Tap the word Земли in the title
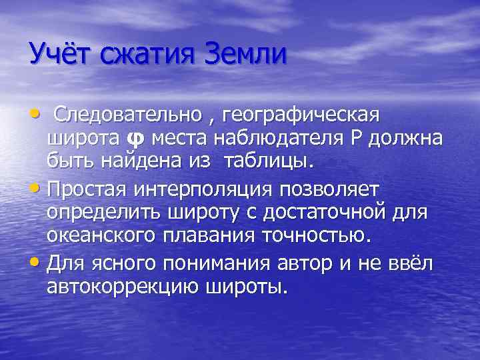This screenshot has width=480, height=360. pos(247,53)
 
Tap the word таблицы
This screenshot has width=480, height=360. pos(267,161)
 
